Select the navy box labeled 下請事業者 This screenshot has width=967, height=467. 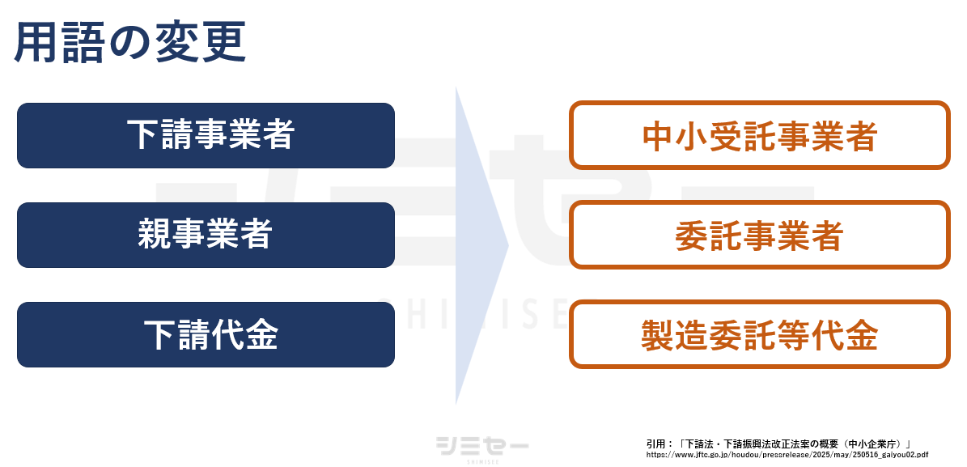point(206,135)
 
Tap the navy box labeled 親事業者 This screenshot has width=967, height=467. point(206,235)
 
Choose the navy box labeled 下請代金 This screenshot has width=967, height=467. point(206,334)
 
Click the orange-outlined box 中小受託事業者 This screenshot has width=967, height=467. point(759,135)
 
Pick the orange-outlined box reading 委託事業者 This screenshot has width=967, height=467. point(759,236)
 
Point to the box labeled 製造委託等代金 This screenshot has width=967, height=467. point(759,334)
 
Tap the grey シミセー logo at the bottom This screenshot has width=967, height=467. point(482,447)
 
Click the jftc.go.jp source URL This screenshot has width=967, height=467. point(787,455)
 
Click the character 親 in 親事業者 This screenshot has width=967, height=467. point(155,235)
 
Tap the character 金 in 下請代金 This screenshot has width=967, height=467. point(261,334)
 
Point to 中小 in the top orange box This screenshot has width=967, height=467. point(676,136)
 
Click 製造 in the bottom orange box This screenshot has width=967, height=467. point(674,334)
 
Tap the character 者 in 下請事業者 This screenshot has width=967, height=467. point(277,135)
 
